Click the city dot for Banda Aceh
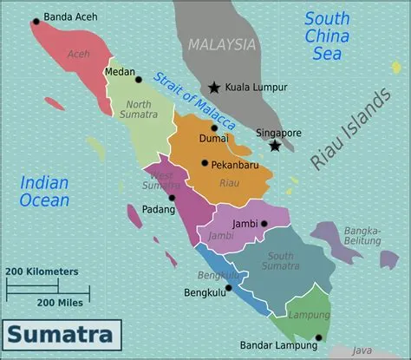36,21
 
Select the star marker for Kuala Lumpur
214,87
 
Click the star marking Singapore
275,145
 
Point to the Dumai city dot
214,128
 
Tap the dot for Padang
172,198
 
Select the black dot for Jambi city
264,224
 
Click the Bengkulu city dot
228,287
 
